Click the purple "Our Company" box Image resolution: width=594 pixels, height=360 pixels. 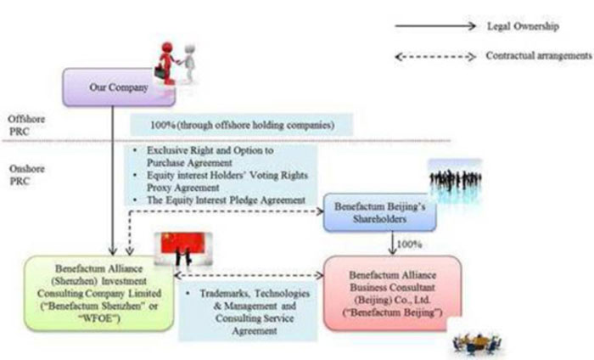click(119, 87)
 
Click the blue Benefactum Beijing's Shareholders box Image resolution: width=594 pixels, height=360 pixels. click(379, 212)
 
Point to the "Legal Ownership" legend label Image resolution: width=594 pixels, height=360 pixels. click(522, 26)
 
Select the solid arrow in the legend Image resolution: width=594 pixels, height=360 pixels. click(435, 26)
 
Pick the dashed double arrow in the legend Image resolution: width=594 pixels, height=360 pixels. click(435, 57)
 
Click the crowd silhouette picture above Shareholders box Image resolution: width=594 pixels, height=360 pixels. click(455, 179)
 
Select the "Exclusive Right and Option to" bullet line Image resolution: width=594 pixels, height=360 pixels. click(216, 151)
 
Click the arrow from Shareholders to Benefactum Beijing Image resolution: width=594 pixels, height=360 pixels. click(390, 244)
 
